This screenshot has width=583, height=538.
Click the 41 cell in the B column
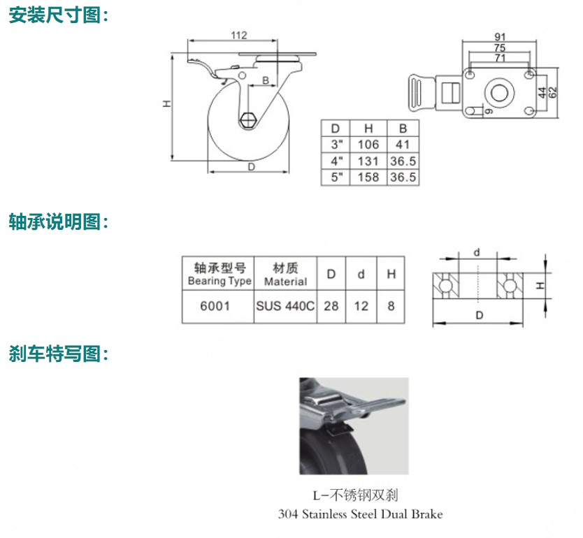click(x=403, y=145)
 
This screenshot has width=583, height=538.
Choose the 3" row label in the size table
click(x=337, y=145)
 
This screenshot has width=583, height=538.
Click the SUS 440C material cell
click(x=285, y=306)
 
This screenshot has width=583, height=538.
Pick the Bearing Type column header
click(x=219, y=274)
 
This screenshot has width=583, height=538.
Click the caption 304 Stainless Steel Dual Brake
click(x=360, y=514)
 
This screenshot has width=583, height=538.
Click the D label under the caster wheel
click(x=250, y=167)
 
